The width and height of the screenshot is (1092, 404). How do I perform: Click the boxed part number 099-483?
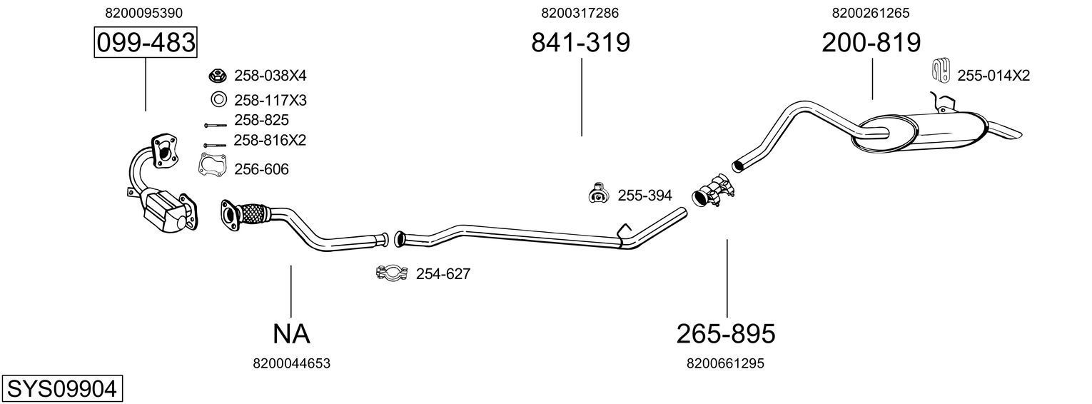(146, 43)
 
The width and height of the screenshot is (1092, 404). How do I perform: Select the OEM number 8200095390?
(143, 13)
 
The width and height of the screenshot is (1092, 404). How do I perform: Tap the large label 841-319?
(580, 43)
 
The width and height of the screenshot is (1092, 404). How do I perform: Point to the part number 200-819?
(871, 43)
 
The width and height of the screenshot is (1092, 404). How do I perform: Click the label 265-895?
(725, 333)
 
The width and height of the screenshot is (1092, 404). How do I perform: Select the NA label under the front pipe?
(291, 333)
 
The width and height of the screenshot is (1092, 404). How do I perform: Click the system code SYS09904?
(61, 389)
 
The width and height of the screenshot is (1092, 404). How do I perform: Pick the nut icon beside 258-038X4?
(218, 76)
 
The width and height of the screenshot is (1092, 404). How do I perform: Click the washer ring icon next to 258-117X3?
(218, 99)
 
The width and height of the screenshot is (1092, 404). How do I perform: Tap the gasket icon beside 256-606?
(212, 165)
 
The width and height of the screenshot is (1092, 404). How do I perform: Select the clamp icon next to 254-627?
(391, 273)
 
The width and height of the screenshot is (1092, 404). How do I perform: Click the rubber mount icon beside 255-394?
(596, 193)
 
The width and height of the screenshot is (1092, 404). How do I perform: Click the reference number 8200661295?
(725, 363)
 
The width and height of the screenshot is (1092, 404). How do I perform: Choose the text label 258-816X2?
(270, 141)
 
